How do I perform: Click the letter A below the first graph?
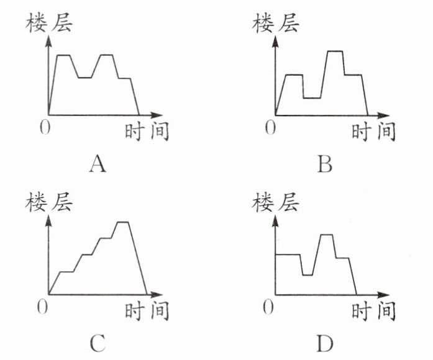[99, 164]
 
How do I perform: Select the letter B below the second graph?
[324, 164]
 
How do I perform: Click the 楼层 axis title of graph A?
[48, 24]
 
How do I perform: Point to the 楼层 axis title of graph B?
[275, 24]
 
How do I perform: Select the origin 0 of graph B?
[269, 127]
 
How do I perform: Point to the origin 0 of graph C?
[42, 306]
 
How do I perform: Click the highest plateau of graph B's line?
[335, 52]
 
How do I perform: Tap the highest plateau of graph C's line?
[122, 222]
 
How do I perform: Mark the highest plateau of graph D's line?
[326, 235]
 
